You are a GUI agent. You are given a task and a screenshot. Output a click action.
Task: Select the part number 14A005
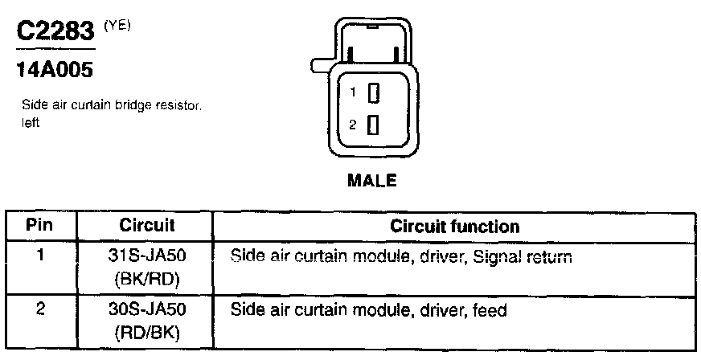(55, 71)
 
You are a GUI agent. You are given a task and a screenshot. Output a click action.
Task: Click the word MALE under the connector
(371, 180)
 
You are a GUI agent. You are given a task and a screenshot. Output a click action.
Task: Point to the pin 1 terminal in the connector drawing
(373, 93)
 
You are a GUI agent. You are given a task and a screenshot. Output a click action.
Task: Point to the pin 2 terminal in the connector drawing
(373, 125)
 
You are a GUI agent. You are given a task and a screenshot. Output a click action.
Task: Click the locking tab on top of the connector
(373, 40)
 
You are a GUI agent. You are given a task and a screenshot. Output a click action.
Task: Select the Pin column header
(39, 226)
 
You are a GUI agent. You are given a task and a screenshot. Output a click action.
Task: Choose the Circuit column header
(147, 226)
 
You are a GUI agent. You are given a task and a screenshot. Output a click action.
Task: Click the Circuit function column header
(454, 226)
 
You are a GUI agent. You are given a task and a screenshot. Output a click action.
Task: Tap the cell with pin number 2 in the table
(39, 309)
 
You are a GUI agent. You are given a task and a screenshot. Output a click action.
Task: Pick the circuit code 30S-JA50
(147, 309)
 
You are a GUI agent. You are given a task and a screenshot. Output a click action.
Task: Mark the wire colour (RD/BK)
(147, 329)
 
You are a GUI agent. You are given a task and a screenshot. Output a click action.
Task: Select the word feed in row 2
(490, 309)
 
